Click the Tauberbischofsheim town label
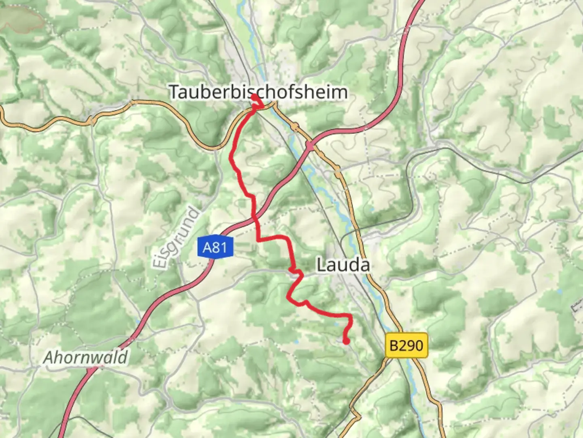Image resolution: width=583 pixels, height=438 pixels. point(258,92)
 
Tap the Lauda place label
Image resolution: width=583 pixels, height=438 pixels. point(343,265)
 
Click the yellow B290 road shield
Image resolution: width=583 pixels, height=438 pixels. point(406,346)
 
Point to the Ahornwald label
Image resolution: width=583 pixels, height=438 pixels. point(85,358)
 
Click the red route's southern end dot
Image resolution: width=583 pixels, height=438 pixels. point(346,341)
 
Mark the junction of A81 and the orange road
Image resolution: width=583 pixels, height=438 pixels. point(310,145)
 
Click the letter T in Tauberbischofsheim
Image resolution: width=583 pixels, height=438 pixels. point(174,92)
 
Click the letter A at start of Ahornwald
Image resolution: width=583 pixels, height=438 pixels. point(48,358)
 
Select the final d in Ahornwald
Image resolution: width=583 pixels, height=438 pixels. point(123,358)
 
